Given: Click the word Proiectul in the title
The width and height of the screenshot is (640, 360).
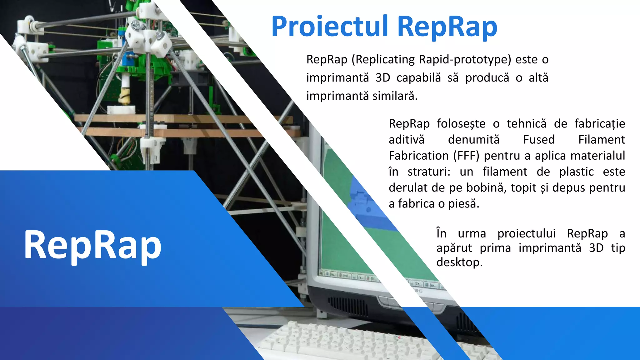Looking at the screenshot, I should pyautogui.click(x=330, y=27).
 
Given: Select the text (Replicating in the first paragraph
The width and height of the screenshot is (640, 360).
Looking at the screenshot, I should pyautogui.click(x=383, y=59).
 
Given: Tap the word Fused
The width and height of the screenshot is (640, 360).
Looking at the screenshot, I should pyautogui.click(x=539, y=139).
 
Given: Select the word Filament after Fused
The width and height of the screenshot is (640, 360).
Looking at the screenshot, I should pyautogui.click(x=601, y=139).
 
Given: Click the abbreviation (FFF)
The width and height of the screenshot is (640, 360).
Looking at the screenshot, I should pyautogui.click(x=466, y=156).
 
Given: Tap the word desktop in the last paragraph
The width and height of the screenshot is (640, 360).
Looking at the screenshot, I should pyautogui.click(x=459, y=262).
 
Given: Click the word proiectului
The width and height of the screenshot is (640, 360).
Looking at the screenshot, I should pyautogui.click(x=526, y=233).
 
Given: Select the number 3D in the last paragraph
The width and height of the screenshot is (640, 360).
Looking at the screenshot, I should pyautogui.click(x=596, y=248).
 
